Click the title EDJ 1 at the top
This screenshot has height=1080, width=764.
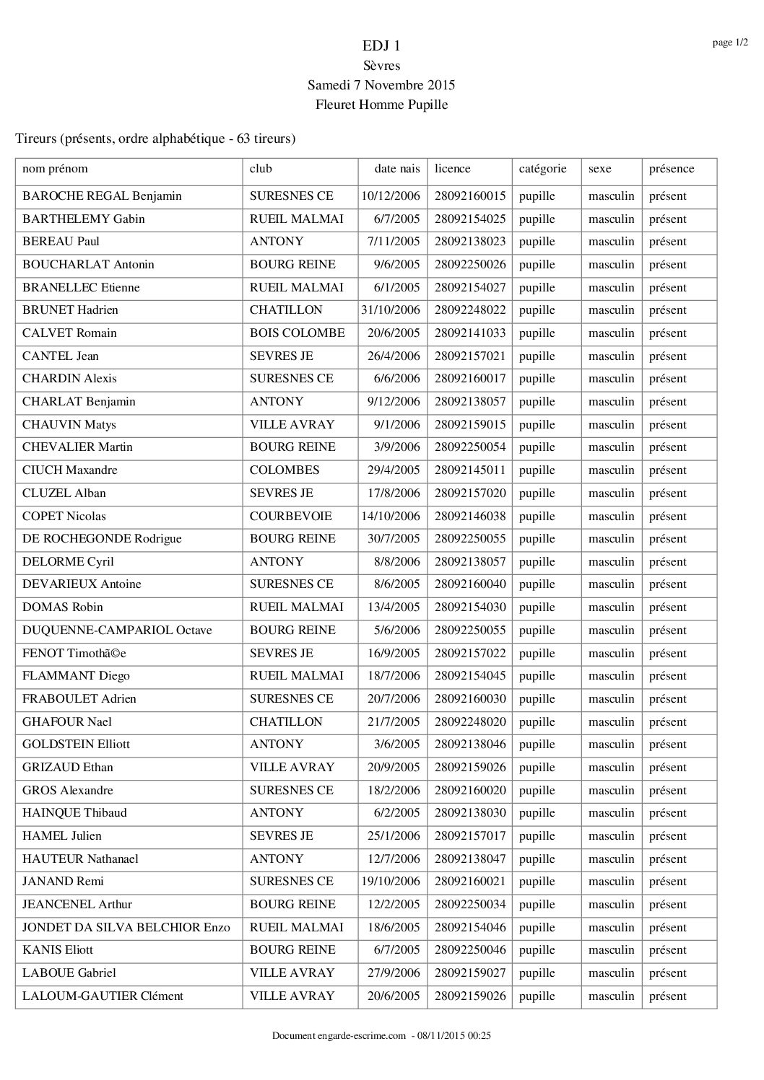[x=381, y=46]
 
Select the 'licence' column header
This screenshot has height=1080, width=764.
[x=452, y=169]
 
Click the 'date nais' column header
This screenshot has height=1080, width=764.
[x=396, y=169]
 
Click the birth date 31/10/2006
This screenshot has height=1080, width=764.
[x=391, y=310]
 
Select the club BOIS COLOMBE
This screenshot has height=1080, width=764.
[x=297, y=333]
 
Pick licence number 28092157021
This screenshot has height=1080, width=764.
[x=470, y=356]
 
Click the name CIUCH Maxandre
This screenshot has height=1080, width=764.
[x=70, y=470]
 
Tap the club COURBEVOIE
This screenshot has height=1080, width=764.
[x=290, y=517]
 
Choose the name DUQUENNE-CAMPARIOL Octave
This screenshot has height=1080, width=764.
[x=117, y=631]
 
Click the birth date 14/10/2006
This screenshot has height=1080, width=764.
[x=391, y=517]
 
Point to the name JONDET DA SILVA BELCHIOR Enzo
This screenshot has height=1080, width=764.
[x=126, y=928]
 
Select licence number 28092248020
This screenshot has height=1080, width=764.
[x=470, y=722]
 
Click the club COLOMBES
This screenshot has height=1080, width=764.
[x=284, y=470]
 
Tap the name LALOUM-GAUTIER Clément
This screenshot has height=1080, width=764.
[x=103, y=996]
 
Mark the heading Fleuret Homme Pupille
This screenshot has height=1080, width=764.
[x=381, y=105]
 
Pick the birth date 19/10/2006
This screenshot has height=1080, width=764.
[x=391, y=882]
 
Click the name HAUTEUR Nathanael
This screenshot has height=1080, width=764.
[x=80, y=859]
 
